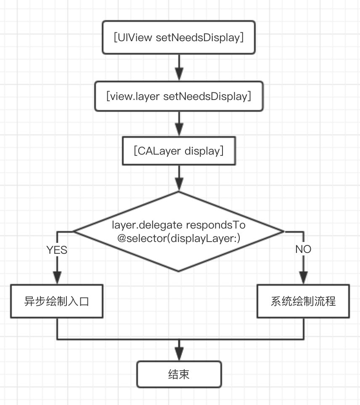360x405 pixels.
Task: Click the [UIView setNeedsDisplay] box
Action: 179,37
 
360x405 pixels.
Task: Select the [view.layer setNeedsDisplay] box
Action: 179,97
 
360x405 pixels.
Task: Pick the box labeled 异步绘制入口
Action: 57,302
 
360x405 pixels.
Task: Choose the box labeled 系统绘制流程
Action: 303,302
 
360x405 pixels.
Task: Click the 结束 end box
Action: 179,374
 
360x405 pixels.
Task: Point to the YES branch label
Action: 57,250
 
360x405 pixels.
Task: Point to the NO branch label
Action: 303,249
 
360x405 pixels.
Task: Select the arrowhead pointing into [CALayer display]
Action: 179,131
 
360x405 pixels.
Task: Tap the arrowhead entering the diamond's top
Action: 179,185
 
